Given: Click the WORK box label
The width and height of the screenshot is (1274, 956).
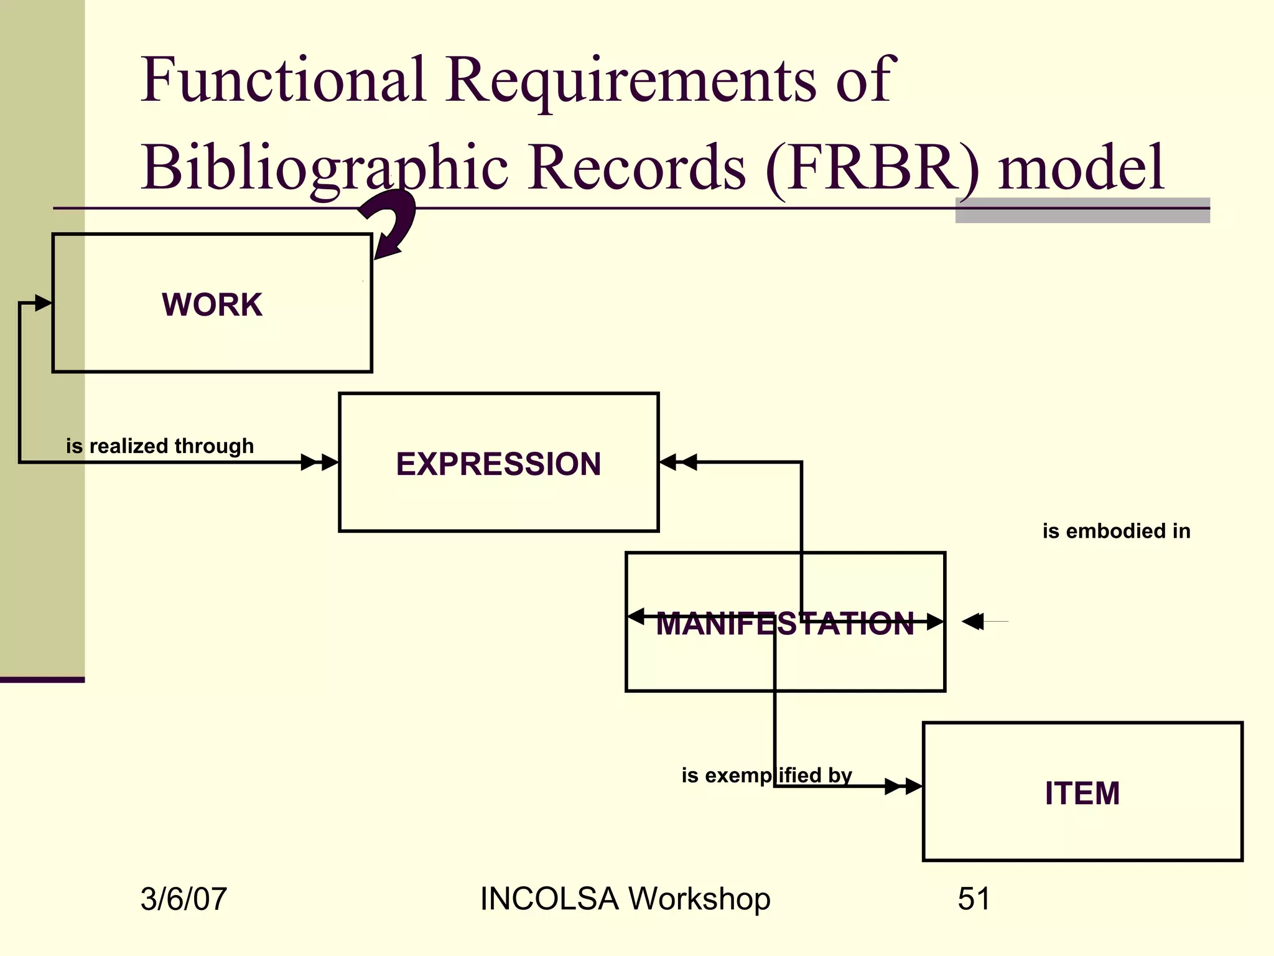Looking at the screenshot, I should pos(212,305).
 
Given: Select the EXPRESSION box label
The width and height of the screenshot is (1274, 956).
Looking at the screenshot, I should pos(498,464).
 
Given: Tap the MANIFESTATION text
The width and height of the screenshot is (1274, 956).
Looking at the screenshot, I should pos(785,624).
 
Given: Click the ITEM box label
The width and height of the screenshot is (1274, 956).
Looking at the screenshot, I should pos(1082,794).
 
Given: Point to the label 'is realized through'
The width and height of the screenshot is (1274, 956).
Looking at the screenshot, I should pos(160,446).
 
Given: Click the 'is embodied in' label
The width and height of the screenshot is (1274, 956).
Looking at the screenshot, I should pos(1116,531).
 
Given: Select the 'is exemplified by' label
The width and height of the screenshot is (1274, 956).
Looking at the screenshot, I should pos(766,776).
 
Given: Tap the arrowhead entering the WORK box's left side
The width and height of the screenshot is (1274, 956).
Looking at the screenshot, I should pos(42,303).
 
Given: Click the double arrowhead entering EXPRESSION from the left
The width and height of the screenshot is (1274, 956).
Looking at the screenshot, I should pos(320,462).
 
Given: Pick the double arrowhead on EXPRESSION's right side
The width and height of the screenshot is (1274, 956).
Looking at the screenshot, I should pos(678,462).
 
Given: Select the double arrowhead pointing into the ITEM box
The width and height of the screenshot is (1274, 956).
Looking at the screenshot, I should pos(903,787).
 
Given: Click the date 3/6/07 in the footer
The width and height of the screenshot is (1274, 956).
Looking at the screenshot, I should pos(184,899).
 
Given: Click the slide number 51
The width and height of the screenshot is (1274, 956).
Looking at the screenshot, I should pos(974,899).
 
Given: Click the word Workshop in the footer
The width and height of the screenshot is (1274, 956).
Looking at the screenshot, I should pos(699,899).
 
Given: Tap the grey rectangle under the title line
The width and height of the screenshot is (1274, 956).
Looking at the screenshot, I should pos(1082,211).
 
